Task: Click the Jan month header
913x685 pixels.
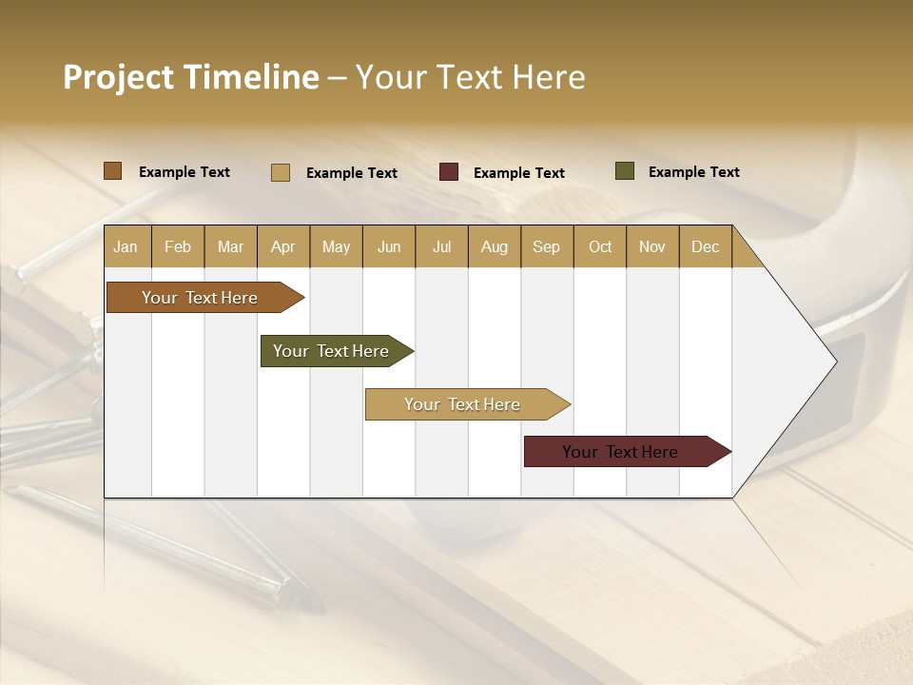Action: [x=126, y=246]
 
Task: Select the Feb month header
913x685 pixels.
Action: [x=178, y=246]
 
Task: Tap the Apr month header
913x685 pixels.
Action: [x=282, y=246]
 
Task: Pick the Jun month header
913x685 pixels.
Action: [x=389, y=246]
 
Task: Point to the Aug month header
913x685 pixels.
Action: [x=494, y=246]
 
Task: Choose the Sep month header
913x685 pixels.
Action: [x=546, y=246]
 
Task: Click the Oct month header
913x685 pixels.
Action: [x=600, y=246]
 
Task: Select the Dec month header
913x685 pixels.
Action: [x=705, y=246]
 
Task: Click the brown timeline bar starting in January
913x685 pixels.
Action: [x=200, y=298]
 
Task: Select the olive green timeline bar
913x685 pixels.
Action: [x=331, y=351]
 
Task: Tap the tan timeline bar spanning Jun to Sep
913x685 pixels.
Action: [x=462, y=404]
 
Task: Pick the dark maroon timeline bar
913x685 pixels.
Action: [x=620, y=452]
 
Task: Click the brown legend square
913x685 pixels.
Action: [x=113, y=171]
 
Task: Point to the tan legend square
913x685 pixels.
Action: [x=281, y=172]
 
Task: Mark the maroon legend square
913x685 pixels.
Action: [x=449, y=172]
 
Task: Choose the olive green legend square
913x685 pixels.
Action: [x=625, y=171]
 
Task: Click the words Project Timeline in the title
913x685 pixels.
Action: [x=191, y=77]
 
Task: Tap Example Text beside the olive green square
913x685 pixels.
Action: [x=693, y=172]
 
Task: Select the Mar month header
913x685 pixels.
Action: [x=230, y=246]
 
